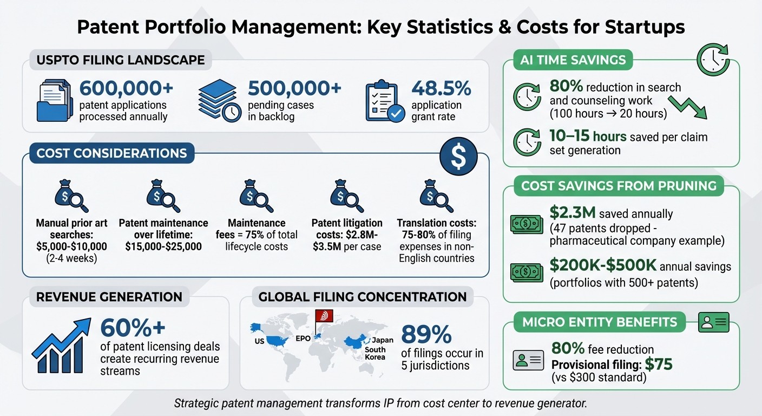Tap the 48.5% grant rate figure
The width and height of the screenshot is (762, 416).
click(441, 88)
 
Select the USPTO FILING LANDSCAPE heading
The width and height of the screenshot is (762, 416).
click(121, 60)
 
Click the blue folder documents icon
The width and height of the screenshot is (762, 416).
click(55, 100)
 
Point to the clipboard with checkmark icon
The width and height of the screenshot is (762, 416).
click(385, 101)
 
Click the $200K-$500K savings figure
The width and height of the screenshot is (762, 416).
click(603, 265)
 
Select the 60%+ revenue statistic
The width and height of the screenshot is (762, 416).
click(133, 328)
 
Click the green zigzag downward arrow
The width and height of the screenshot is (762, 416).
click(688, 107)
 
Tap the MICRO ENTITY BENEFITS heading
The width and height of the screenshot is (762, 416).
click(600, 322)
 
